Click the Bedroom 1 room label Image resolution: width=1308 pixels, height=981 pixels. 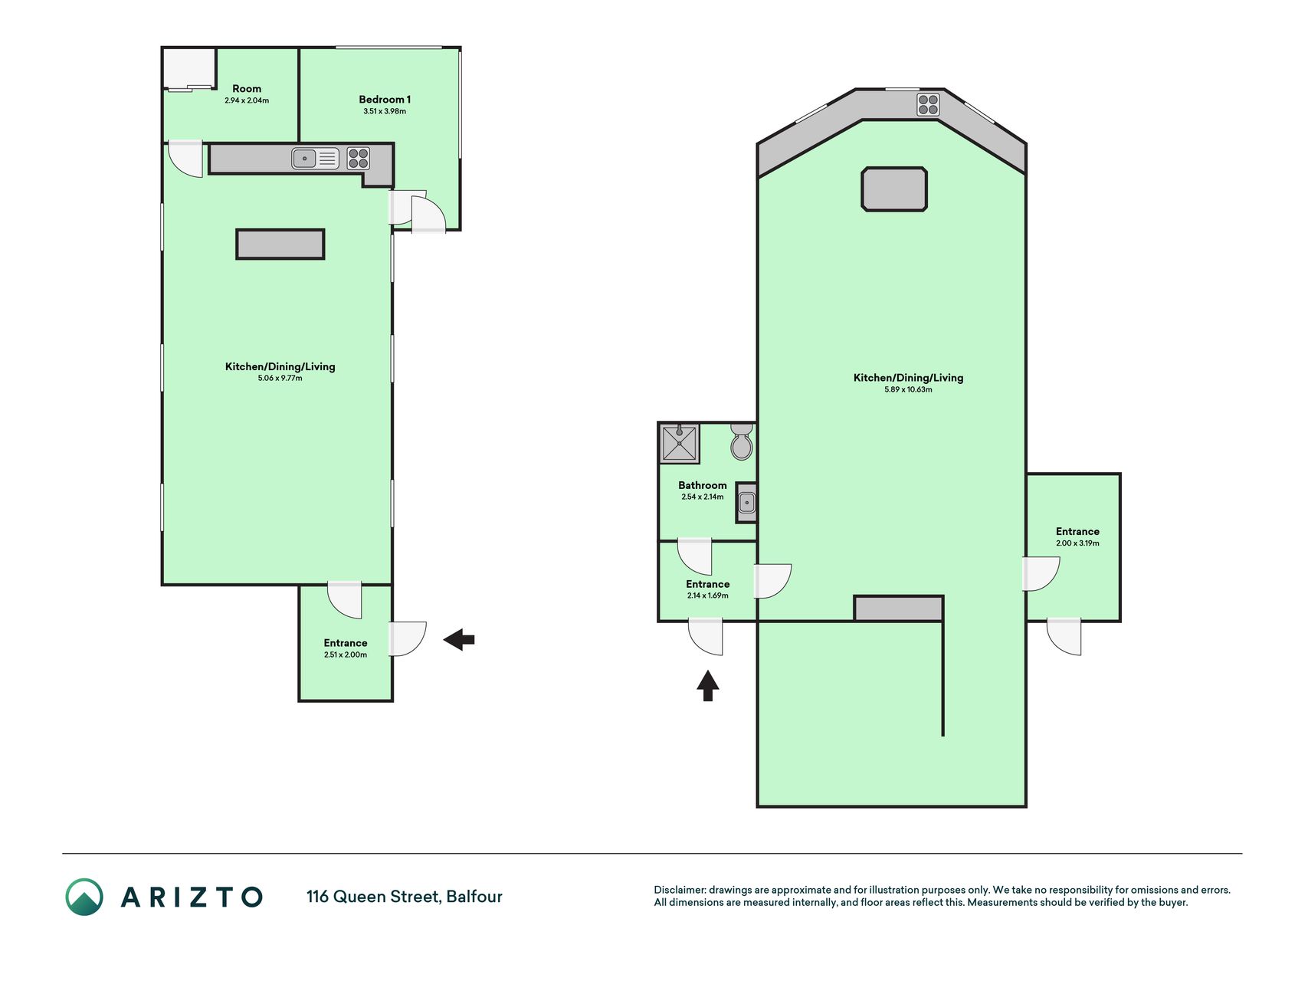pos(385,99)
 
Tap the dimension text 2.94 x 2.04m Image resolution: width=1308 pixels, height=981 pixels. pos(247,100)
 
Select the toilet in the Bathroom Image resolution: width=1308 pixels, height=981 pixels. pos(742,441)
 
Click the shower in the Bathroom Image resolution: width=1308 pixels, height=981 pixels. pos(680,443)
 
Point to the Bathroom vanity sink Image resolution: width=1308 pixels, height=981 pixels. pos(746,503)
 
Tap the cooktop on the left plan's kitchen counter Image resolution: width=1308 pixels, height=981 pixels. pos(358,159)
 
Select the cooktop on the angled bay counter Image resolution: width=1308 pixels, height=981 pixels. pos(928,104)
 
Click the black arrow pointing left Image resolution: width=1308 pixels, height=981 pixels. pos(459,639)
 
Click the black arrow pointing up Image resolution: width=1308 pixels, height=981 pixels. pos(707,686)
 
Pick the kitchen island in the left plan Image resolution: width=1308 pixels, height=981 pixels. pos(280,244)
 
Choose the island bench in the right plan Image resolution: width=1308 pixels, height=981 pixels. pos(894,189)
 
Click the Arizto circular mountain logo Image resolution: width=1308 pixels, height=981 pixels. pos(84,897)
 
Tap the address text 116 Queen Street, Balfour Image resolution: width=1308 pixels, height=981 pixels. pos(405,897)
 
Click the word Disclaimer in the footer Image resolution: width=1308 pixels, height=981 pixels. pos(679,890)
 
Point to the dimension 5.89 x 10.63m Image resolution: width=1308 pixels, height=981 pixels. pos(908,389)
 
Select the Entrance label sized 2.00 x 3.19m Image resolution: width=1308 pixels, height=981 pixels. pos(1077,531)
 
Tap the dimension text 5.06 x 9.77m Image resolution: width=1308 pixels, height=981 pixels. pos(280,378)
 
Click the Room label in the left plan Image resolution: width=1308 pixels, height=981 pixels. pos(247,89)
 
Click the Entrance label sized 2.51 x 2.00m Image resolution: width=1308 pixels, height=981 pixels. pos(346,643)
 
